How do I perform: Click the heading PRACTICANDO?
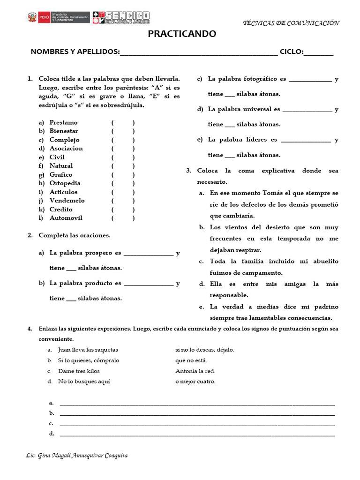click(182, 34)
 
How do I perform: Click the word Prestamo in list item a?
click(64, 122)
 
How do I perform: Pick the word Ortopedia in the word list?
click(65, 183)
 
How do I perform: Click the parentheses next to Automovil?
click(123, 218)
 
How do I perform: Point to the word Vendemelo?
click(67, 201)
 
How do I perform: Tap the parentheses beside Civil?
click(123, 157)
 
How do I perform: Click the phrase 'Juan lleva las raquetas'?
click(88, 350)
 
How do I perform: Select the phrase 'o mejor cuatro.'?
click(195, 382)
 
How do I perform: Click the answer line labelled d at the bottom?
click(197, 434)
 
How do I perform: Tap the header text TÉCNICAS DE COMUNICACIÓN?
click(292, 23)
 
